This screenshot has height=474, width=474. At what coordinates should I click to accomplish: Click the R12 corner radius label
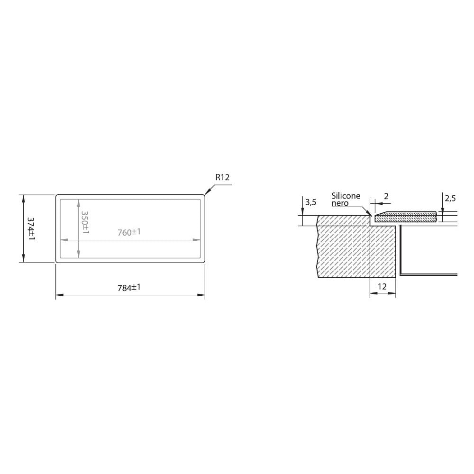222,177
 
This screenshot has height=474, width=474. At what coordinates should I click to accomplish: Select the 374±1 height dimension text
31,229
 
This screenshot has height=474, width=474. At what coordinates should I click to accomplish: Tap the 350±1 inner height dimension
85,222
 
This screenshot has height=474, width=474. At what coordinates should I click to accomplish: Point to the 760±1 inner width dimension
129,232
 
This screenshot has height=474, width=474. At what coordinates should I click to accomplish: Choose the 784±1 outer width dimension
129,287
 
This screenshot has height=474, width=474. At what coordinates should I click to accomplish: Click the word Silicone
346,196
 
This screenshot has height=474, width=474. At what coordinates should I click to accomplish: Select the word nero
340,203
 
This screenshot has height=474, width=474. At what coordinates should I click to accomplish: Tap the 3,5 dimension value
311,202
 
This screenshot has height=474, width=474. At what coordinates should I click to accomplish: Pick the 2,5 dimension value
450,198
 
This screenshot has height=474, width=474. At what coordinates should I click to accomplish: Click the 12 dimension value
383,286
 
